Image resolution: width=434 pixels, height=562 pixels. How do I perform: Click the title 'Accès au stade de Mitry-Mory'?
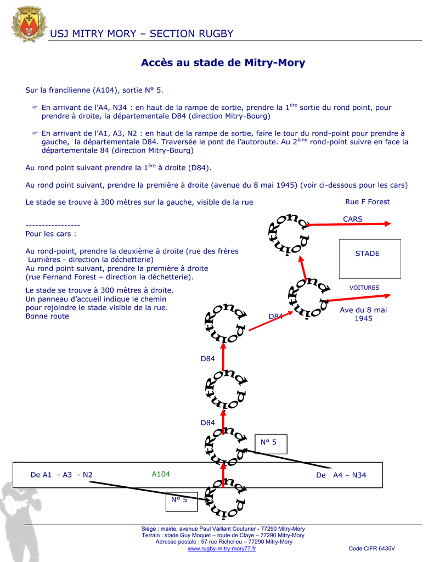point(223,63)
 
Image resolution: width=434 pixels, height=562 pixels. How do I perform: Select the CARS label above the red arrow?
point(353,219)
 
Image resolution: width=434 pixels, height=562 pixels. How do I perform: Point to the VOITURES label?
point(364,288)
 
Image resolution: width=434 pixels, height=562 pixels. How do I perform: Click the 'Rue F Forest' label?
point(367,202)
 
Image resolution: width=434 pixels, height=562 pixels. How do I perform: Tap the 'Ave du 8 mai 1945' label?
point(363,314)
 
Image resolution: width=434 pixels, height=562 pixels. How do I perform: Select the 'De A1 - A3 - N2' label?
point(61,475)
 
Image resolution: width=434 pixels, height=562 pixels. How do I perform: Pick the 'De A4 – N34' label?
point(341,475)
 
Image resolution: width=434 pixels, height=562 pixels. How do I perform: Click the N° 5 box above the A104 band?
point(271,443)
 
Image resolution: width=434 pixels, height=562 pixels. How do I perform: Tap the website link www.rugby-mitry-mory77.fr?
point(222,549)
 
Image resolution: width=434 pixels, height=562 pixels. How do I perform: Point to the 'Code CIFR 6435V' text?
point(371,549)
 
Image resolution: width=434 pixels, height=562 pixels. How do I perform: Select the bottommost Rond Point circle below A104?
point(225,498)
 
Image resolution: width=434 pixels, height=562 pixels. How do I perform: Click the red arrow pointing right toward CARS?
point(351,224)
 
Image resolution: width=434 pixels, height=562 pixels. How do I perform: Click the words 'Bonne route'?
point(47,316)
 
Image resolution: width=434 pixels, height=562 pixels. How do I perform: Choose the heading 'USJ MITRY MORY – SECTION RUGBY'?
point(142,34)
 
